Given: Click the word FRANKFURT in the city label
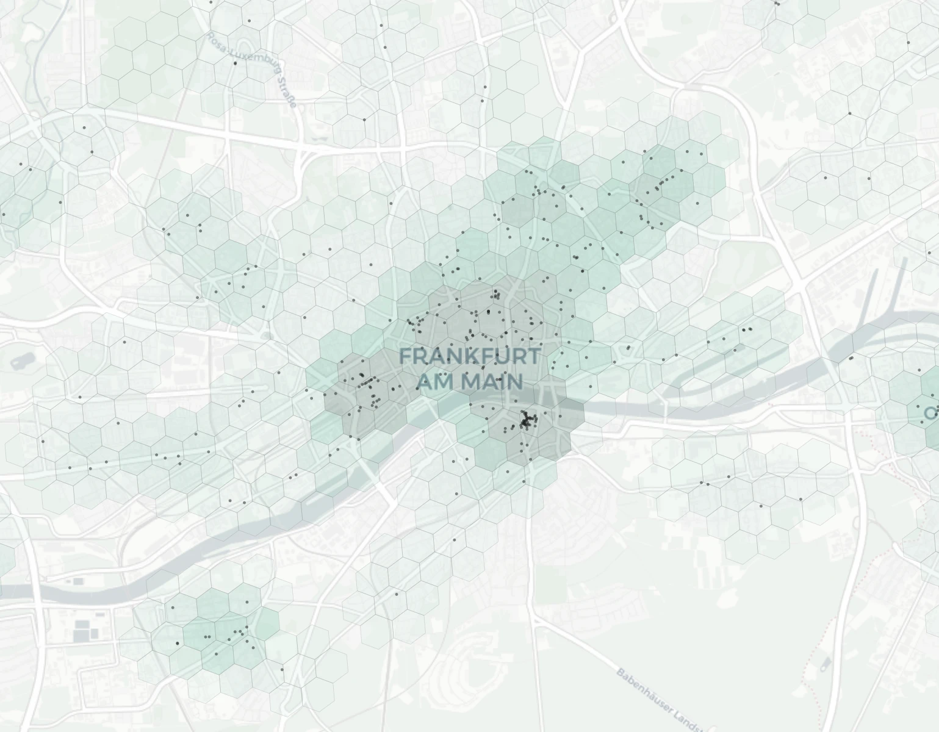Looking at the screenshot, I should (469, 356).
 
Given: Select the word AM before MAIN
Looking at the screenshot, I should (436, 382).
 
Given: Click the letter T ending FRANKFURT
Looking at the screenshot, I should (533, 356).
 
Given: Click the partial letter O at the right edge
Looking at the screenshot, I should (931, 413).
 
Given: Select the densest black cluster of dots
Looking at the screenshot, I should (526, 420).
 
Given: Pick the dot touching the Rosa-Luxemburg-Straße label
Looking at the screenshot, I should (236, 63).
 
